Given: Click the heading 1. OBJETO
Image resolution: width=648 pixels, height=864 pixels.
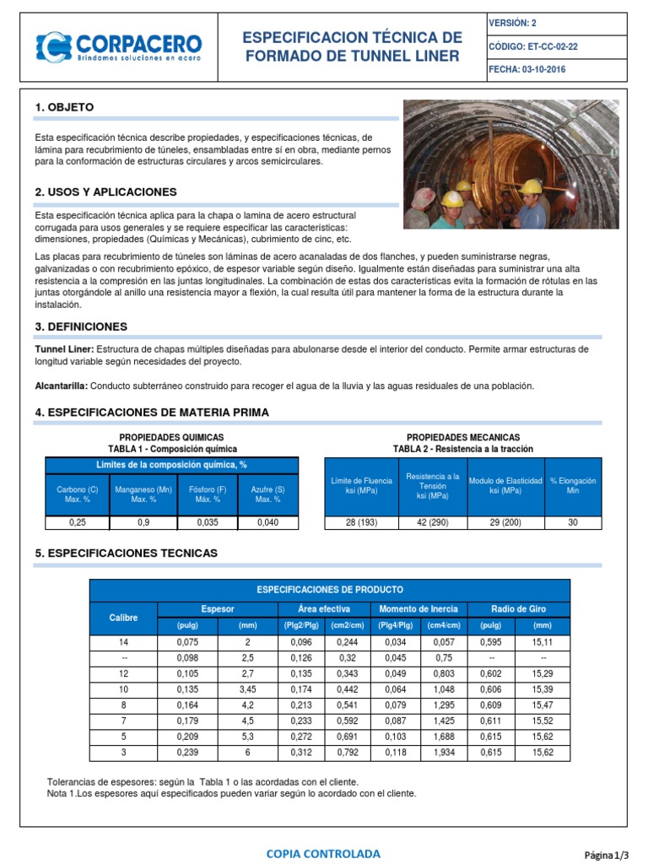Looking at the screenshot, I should click(64, 107).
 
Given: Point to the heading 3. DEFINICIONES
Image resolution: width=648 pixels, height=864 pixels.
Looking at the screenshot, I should click(81, 326).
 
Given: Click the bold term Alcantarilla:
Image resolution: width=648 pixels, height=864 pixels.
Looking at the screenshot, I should click(62, 386).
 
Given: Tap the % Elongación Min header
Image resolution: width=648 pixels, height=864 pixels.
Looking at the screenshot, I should click(573, 485).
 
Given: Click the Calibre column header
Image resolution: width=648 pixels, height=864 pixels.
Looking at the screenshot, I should click(123, 618).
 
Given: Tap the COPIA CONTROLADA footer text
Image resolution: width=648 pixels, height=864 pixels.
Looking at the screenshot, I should click(323, 854).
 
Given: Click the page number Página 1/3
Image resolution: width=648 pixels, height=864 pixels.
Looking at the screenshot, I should click(607, 855).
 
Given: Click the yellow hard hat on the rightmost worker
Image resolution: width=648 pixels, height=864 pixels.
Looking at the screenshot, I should click(530, 186).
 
